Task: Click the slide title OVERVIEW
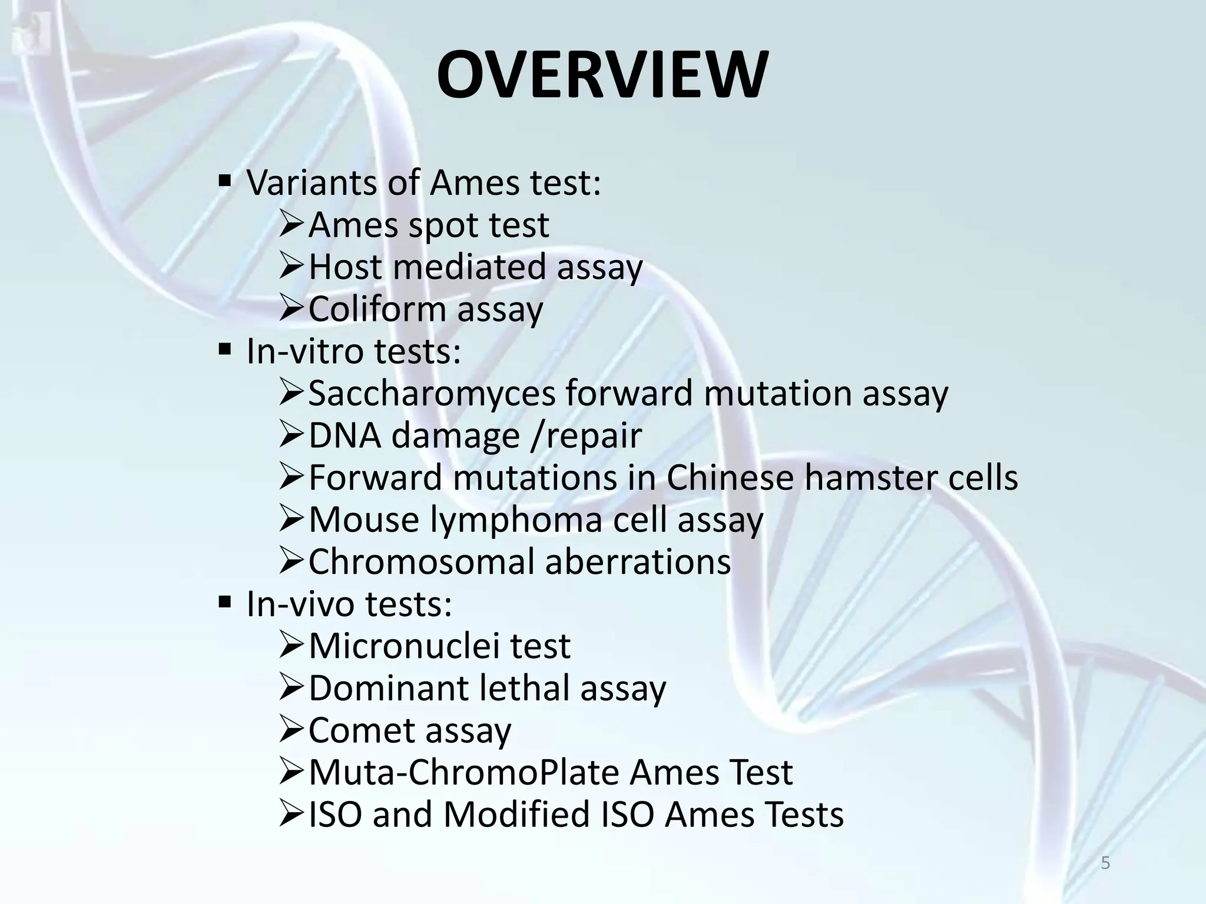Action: point(602,75)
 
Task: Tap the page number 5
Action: point(1105,863)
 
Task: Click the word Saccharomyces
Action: point(432,393)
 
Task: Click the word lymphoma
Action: point(516,520)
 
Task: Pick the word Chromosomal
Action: point(421,561)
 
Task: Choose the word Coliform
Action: point(377,309)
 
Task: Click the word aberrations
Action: point(638,561)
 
